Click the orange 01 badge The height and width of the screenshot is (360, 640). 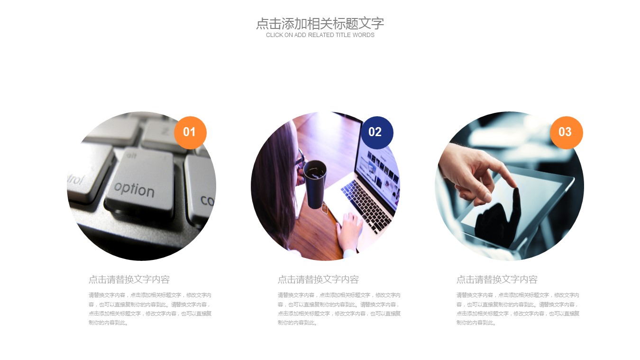190,133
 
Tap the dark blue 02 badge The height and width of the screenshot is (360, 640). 377,133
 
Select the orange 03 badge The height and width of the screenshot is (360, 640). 567,133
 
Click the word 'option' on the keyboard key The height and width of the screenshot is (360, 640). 134,190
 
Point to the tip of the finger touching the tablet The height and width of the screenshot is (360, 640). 516,189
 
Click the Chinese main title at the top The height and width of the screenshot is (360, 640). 320,23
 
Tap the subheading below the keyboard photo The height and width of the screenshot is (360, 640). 129,279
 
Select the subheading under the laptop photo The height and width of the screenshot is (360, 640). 318,279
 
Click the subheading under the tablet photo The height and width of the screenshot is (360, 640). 497,279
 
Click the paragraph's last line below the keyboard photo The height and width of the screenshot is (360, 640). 108,323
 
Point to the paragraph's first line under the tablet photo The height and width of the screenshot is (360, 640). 518,295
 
